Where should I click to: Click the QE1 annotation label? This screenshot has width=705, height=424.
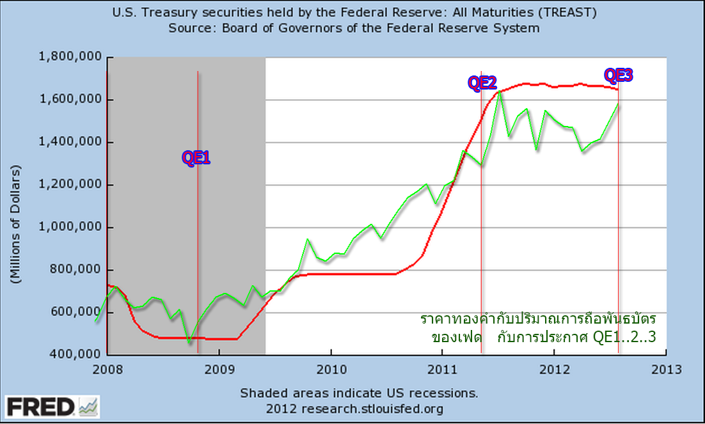tap(196, 158)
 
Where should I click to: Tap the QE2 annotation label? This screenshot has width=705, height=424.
tap(482, 82)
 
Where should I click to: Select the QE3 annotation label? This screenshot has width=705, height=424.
tap(618, 75)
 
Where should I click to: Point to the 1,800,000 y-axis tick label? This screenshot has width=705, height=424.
tap(70, 58)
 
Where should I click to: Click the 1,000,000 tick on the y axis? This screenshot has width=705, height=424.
tap(70, 228)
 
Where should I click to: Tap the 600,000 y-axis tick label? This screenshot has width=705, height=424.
tap(74, 313)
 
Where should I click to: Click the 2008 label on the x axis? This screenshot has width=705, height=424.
tap(107, 369)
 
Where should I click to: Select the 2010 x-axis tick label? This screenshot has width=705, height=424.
tap(331, 369)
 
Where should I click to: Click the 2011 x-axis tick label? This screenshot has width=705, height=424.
tap(442, 369)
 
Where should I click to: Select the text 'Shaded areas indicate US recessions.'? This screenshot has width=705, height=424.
tap(358, 392)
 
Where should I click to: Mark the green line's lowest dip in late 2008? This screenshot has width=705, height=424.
tap(189, 343)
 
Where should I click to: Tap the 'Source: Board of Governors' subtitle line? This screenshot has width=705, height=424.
tap(354, 28)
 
